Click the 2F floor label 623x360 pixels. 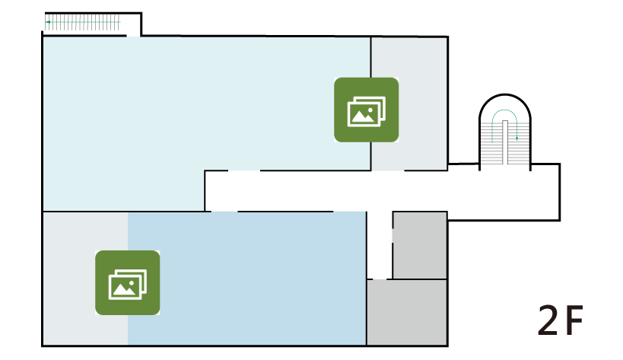point(560,320)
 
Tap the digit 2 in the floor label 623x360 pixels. point(548,320)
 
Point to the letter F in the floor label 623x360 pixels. point(574,320)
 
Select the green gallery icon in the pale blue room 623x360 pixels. point(367,110)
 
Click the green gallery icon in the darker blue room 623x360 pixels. point(128,282)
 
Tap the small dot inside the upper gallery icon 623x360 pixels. point(370,110)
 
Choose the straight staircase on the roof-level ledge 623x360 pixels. point(83,22)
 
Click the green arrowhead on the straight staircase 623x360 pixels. point(48,22)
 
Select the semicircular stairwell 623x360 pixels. point(505,132)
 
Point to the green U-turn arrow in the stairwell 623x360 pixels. point(504,110)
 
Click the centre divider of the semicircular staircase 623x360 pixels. point(505,142)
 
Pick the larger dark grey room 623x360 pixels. point(407,312)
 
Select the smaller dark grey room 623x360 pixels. point(420,245)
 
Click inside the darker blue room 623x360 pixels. point(246,278)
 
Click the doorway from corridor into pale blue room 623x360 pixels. point(244,170)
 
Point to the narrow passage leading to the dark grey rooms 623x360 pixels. point(380,245)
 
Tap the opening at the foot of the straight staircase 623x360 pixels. point(133,36)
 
